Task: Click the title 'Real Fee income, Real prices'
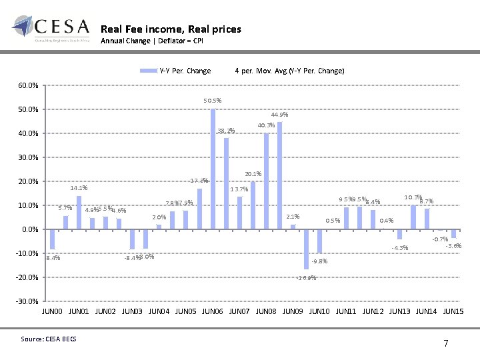coord(171,29)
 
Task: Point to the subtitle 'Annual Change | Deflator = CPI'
coord(151,41)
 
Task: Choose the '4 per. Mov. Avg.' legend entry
coord(289,71)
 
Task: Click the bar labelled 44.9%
coord(279,175)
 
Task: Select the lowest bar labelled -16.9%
coord(306,249)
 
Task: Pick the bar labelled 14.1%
coord(79,212)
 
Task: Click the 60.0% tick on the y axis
coord(28,85)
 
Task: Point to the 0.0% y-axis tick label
coord(29,229)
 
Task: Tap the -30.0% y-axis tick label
coord(28,301)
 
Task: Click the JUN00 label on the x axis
coord(53,311)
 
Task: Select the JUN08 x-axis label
coord(266,311)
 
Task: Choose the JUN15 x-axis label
coord(453,311)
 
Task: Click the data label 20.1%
coord(253,174)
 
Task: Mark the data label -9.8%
coord(319,261)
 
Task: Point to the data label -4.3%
coord(400,248)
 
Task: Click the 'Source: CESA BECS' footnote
coord(49,339)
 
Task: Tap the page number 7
coord(445,343)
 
